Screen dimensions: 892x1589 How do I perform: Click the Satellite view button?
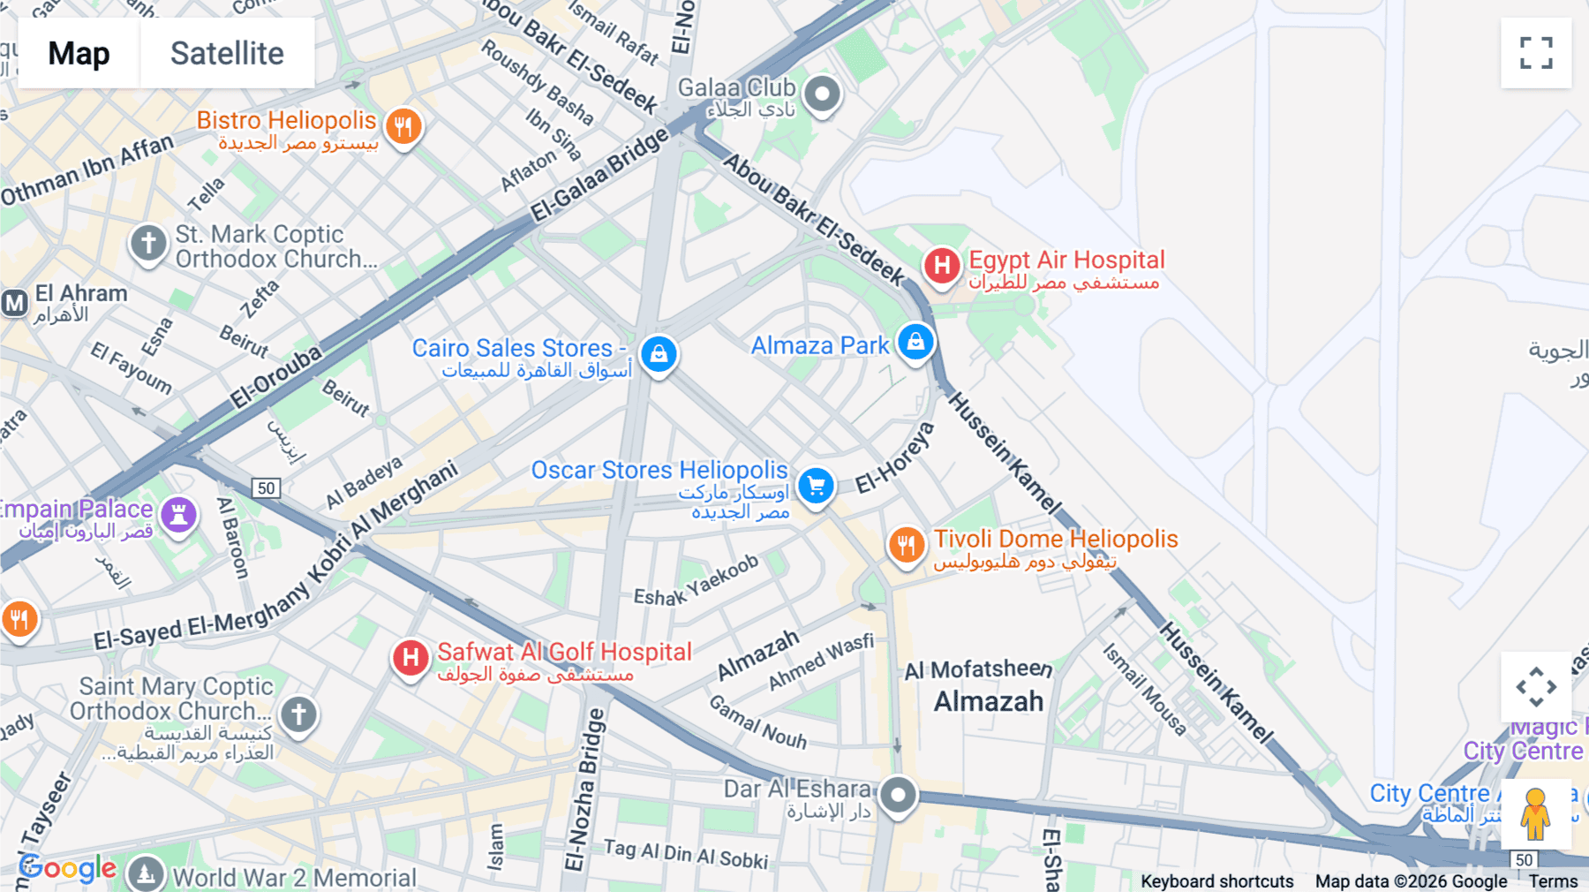227,53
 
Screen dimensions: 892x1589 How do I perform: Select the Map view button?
79,53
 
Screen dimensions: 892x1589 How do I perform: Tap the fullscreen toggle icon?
1536,53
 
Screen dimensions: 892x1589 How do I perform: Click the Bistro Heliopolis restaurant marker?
403,126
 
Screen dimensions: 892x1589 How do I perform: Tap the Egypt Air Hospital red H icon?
942,265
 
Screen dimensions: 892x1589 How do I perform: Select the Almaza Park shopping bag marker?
915,342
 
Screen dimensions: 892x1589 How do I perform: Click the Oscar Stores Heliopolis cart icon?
816,486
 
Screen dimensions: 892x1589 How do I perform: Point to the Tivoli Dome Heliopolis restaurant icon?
906,545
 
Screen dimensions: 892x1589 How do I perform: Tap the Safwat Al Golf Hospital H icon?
410,657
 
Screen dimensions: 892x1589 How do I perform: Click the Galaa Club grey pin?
822,93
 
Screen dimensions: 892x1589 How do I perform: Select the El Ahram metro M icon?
14,304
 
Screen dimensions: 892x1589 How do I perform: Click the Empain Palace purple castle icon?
178,513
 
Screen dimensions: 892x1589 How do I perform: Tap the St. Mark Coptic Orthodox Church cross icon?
148,242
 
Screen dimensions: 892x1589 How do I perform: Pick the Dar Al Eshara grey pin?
898,795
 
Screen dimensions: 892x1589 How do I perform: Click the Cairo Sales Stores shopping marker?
659,354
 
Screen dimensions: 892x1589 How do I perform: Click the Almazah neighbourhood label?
989,702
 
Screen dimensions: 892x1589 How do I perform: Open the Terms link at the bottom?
1553,881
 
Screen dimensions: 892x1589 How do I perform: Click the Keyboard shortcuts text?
1216,881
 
